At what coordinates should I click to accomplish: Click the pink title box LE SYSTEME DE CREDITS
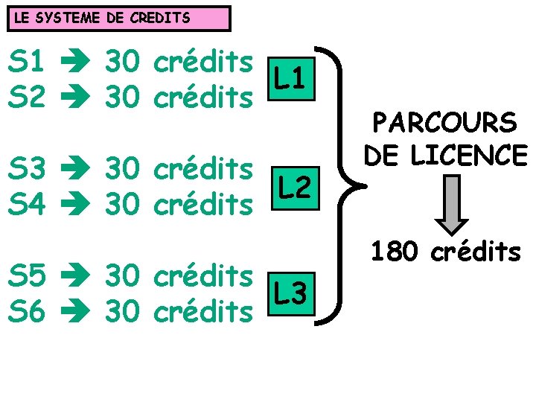(x=119, y=18)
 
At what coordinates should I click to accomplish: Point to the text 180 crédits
(x=446, y=252)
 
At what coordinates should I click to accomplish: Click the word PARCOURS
(x=445, y=123)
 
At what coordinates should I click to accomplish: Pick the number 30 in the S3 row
(x=122, y=170)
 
